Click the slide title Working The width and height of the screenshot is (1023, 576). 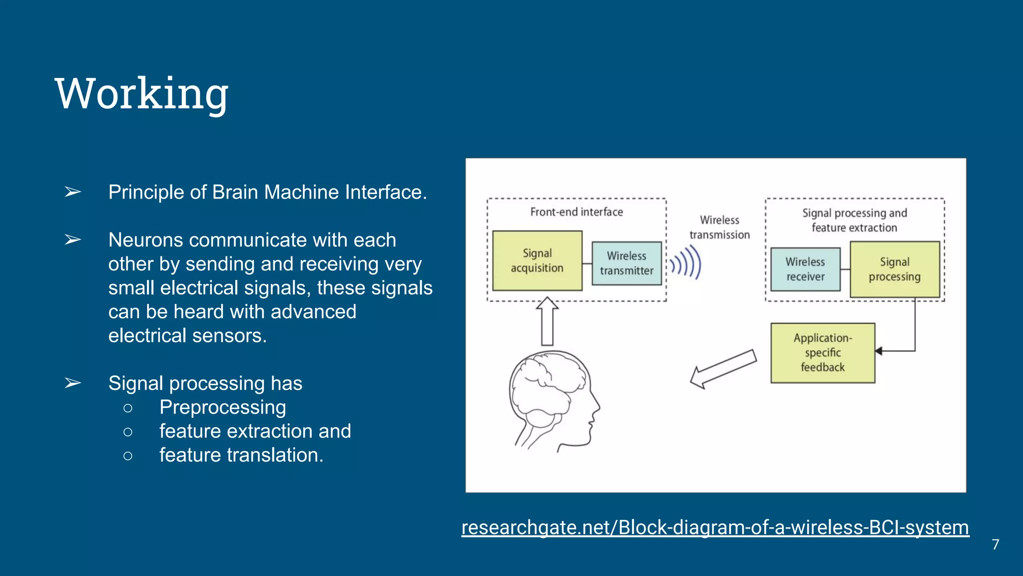tap(141, 94)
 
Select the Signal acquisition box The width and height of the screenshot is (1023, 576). tap(537, 260)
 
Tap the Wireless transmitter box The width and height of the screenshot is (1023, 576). tap(626, 263)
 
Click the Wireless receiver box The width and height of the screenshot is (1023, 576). tap(805, 269)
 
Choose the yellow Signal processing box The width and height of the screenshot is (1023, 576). tap(894, 269)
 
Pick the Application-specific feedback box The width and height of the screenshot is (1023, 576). tap(822, 352)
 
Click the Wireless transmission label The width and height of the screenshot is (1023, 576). tap(719, 227)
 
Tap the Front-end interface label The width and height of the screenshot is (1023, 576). tap(576, 212)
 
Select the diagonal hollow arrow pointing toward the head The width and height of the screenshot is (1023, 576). tap(723, 369)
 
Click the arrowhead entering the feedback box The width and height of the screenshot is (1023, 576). tap(879, 351)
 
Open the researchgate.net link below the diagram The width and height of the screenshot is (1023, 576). tap(715, 527)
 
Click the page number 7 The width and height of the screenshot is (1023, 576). tap(995, 544)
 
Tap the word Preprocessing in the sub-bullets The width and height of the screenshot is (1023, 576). tap(222, 407)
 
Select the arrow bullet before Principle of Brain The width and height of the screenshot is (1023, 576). tap(73, 192)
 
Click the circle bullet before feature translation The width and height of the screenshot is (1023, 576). tap(128, 455)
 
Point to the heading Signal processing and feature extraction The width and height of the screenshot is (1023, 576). tap(854, 220)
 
